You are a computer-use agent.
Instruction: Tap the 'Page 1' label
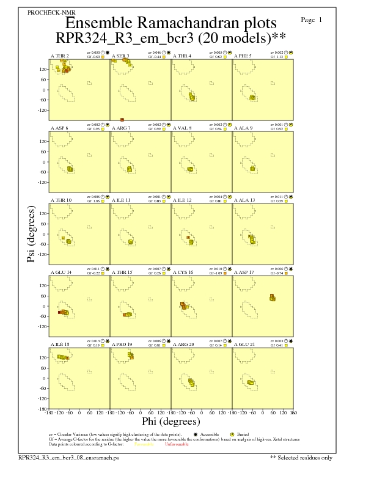pyautogui.click(x=312, y=20)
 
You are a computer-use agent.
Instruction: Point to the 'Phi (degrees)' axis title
pyautogui.click(x=170, y=421)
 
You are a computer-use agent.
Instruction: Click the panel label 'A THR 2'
pyautogui.click(x=59, y=56)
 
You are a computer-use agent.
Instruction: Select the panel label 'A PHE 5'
pyautogui.click(x=244, y=56)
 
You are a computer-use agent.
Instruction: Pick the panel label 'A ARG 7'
pyautogui.click(x=121, y=128)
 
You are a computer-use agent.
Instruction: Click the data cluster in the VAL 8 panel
pyautogui.click(x=190, y=169)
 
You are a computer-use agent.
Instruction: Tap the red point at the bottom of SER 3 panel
pyautogui.click(x=122, y=120)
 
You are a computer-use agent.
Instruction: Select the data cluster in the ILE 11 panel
pyautogui.click(x=130, y=241)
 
